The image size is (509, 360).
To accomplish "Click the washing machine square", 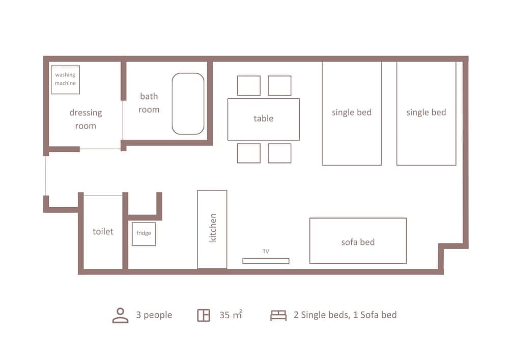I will (65, 79).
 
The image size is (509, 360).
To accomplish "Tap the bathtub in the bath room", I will (188, 103).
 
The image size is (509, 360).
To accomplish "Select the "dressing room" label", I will (86, 119).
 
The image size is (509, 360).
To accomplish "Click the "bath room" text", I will (149, 103).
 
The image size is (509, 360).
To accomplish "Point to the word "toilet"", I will (103, 232).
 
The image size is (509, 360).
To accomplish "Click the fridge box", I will (144, 234).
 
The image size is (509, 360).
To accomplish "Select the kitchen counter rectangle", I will (212, 229).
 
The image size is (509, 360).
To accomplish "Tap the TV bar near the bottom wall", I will (266, 261).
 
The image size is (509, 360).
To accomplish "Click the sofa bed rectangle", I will (358, 241).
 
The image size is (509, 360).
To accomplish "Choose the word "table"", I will (264, 119).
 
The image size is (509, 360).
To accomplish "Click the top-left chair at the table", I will (249, 86).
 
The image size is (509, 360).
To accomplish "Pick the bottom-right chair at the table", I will (279, 153).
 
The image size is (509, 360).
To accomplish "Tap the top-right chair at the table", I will (279, 86).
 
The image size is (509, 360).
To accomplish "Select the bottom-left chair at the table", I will (249, 153).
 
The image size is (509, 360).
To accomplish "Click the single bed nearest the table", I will (352, 113).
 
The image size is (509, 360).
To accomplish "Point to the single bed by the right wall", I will (427, 113).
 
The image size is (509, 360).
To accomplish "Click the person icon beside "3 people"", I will (120, 315).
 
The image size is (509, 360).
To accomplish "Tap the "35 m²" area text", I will (231, 315).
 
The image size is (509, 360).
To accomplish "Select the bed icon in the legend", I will (278, 315).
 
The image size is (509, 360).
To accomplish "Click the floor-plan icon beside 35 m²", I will (204, 315).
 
